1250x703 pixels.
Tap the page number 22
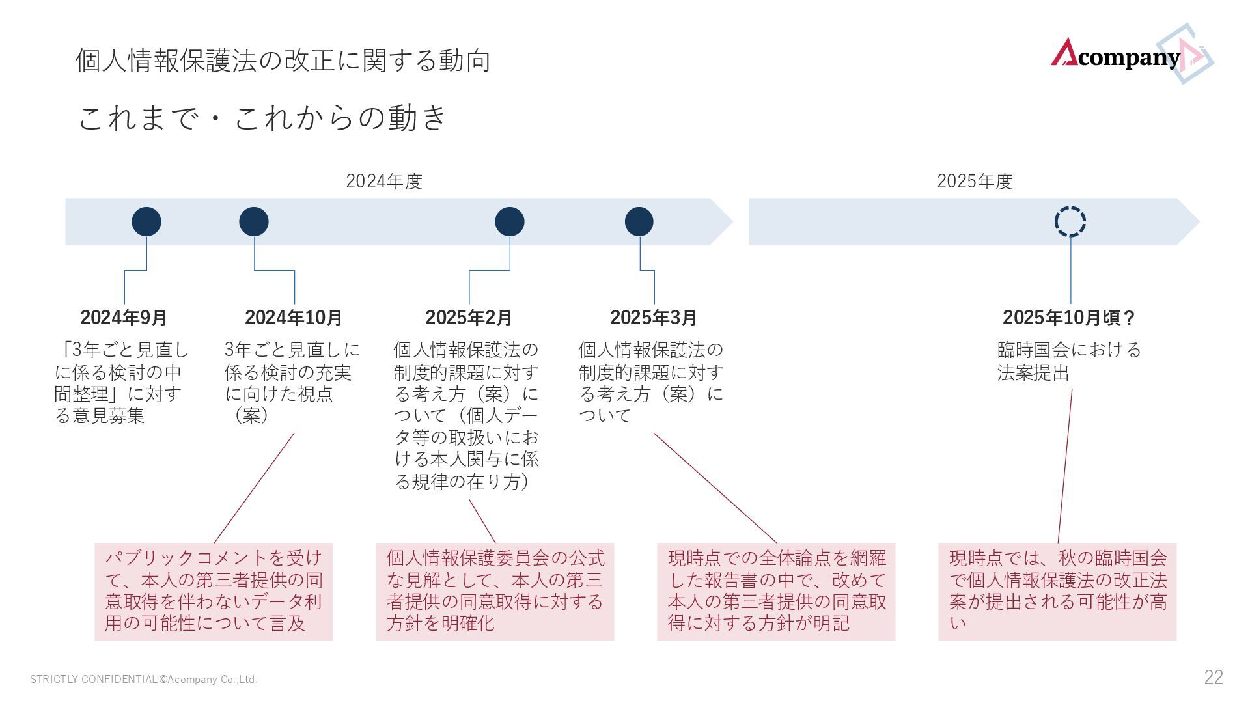(1213, 678)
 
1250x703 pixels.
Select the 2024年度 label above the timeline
(384, 181)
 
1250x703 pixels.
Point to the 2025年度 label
(975, 181)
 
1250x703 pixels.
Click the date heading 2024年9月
(124, 318)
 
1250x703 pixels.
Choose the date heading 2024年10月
(294, 318)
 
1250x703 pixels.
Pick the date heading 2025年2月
(469, 318)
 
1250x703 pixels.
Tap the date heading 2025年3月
(654, 318)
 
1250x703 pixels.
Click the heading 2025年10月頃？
(1069, 318)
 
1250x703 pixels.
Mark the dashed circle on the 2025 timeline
(1070, 222)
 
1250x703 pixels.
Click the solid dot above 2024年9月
(146, 222)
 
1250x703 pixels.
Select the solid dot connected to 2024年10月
(254, 222)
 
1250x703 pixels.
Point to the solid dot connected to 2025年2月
(510, 222)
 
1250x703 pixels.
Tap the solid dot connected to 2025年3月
(639, 222)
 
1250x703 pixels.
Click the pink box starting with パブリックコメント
(214, 591)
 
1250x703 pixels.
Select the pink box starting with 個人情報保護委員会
(495, 591)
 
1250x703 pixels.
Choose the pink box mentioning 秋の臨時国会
(1057, 591)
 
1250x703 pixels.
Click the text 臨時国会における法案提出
(1069, 361)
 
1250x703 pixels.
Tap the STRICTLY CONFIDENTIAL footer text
(144, 680)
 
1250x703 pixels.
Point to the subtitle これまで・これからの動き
(262, 118)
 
